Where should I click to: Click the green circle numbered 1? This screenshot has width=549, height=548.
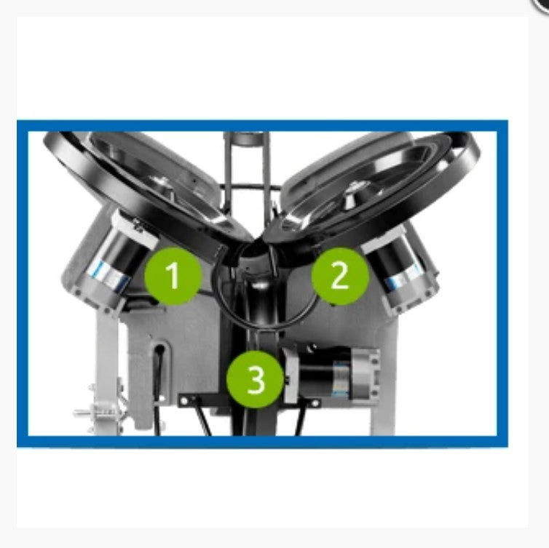pyautogui.click(x=173, y=275)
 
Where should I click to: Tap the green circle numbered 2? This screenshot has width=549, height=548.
pyautogui.click(x=340, y=275)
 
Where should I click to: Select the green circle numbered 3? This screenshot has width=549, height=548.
pyautogui.click(x=255, y=379)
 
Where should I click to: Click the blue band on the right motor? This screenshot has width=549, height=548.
pyautogui.click(x=403, y=277)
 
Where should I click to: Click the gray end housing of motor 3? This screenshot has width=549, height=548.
pyautogui.click(x=364, y=375)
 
